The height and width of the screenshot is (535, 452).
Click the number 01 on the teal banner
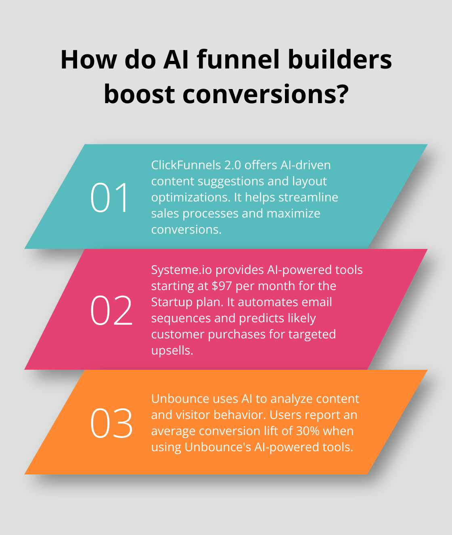tap(109, 197)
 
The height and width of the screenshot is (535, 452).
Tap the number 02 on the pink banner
tap(111, 310)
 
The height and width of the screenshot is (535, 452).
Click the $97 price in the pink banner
tap(222, 286)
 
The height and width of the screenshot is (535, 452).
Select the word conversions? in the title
tap(266, 94)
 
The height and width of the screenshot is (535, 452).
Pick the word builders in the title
tap(340, 60)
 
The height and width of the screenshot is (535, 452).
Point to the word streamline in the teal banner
tap(308, 197)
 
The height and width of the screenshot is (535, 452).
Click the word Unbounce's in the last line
tap(218, 447)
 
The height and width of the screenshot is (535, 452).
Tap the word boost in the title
tap(139, 94)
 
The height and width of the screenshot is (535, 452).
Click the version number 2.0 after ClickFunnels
tap(232, 165)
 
